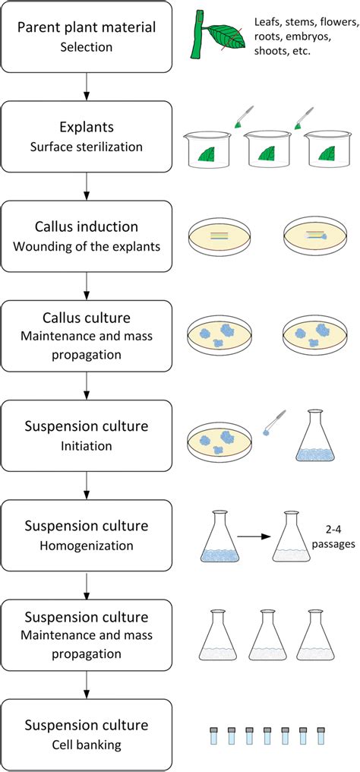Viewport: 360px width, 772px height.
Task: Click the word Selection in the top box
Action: click(x=87, y=48)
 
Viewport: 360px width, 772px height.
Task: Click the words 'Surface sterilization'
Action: click(x=87, y=147)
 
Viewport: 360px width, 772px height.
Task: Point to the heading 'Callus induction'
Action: click(x=87, y=226)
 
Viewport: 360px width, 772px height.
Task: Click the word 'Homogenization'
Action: click(x=87, y=546)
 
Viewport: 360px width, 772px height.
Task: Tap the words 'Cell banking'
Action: click(x=87, y=745)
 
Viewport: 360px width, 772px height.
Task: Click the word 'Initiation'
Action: click(x=87, y=445)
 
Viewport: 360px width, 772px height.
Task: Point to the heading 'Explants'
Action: click(x=87, y=127)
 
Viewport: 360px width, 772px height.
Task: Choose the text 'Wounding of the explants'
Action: click(x=87, y=246)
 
